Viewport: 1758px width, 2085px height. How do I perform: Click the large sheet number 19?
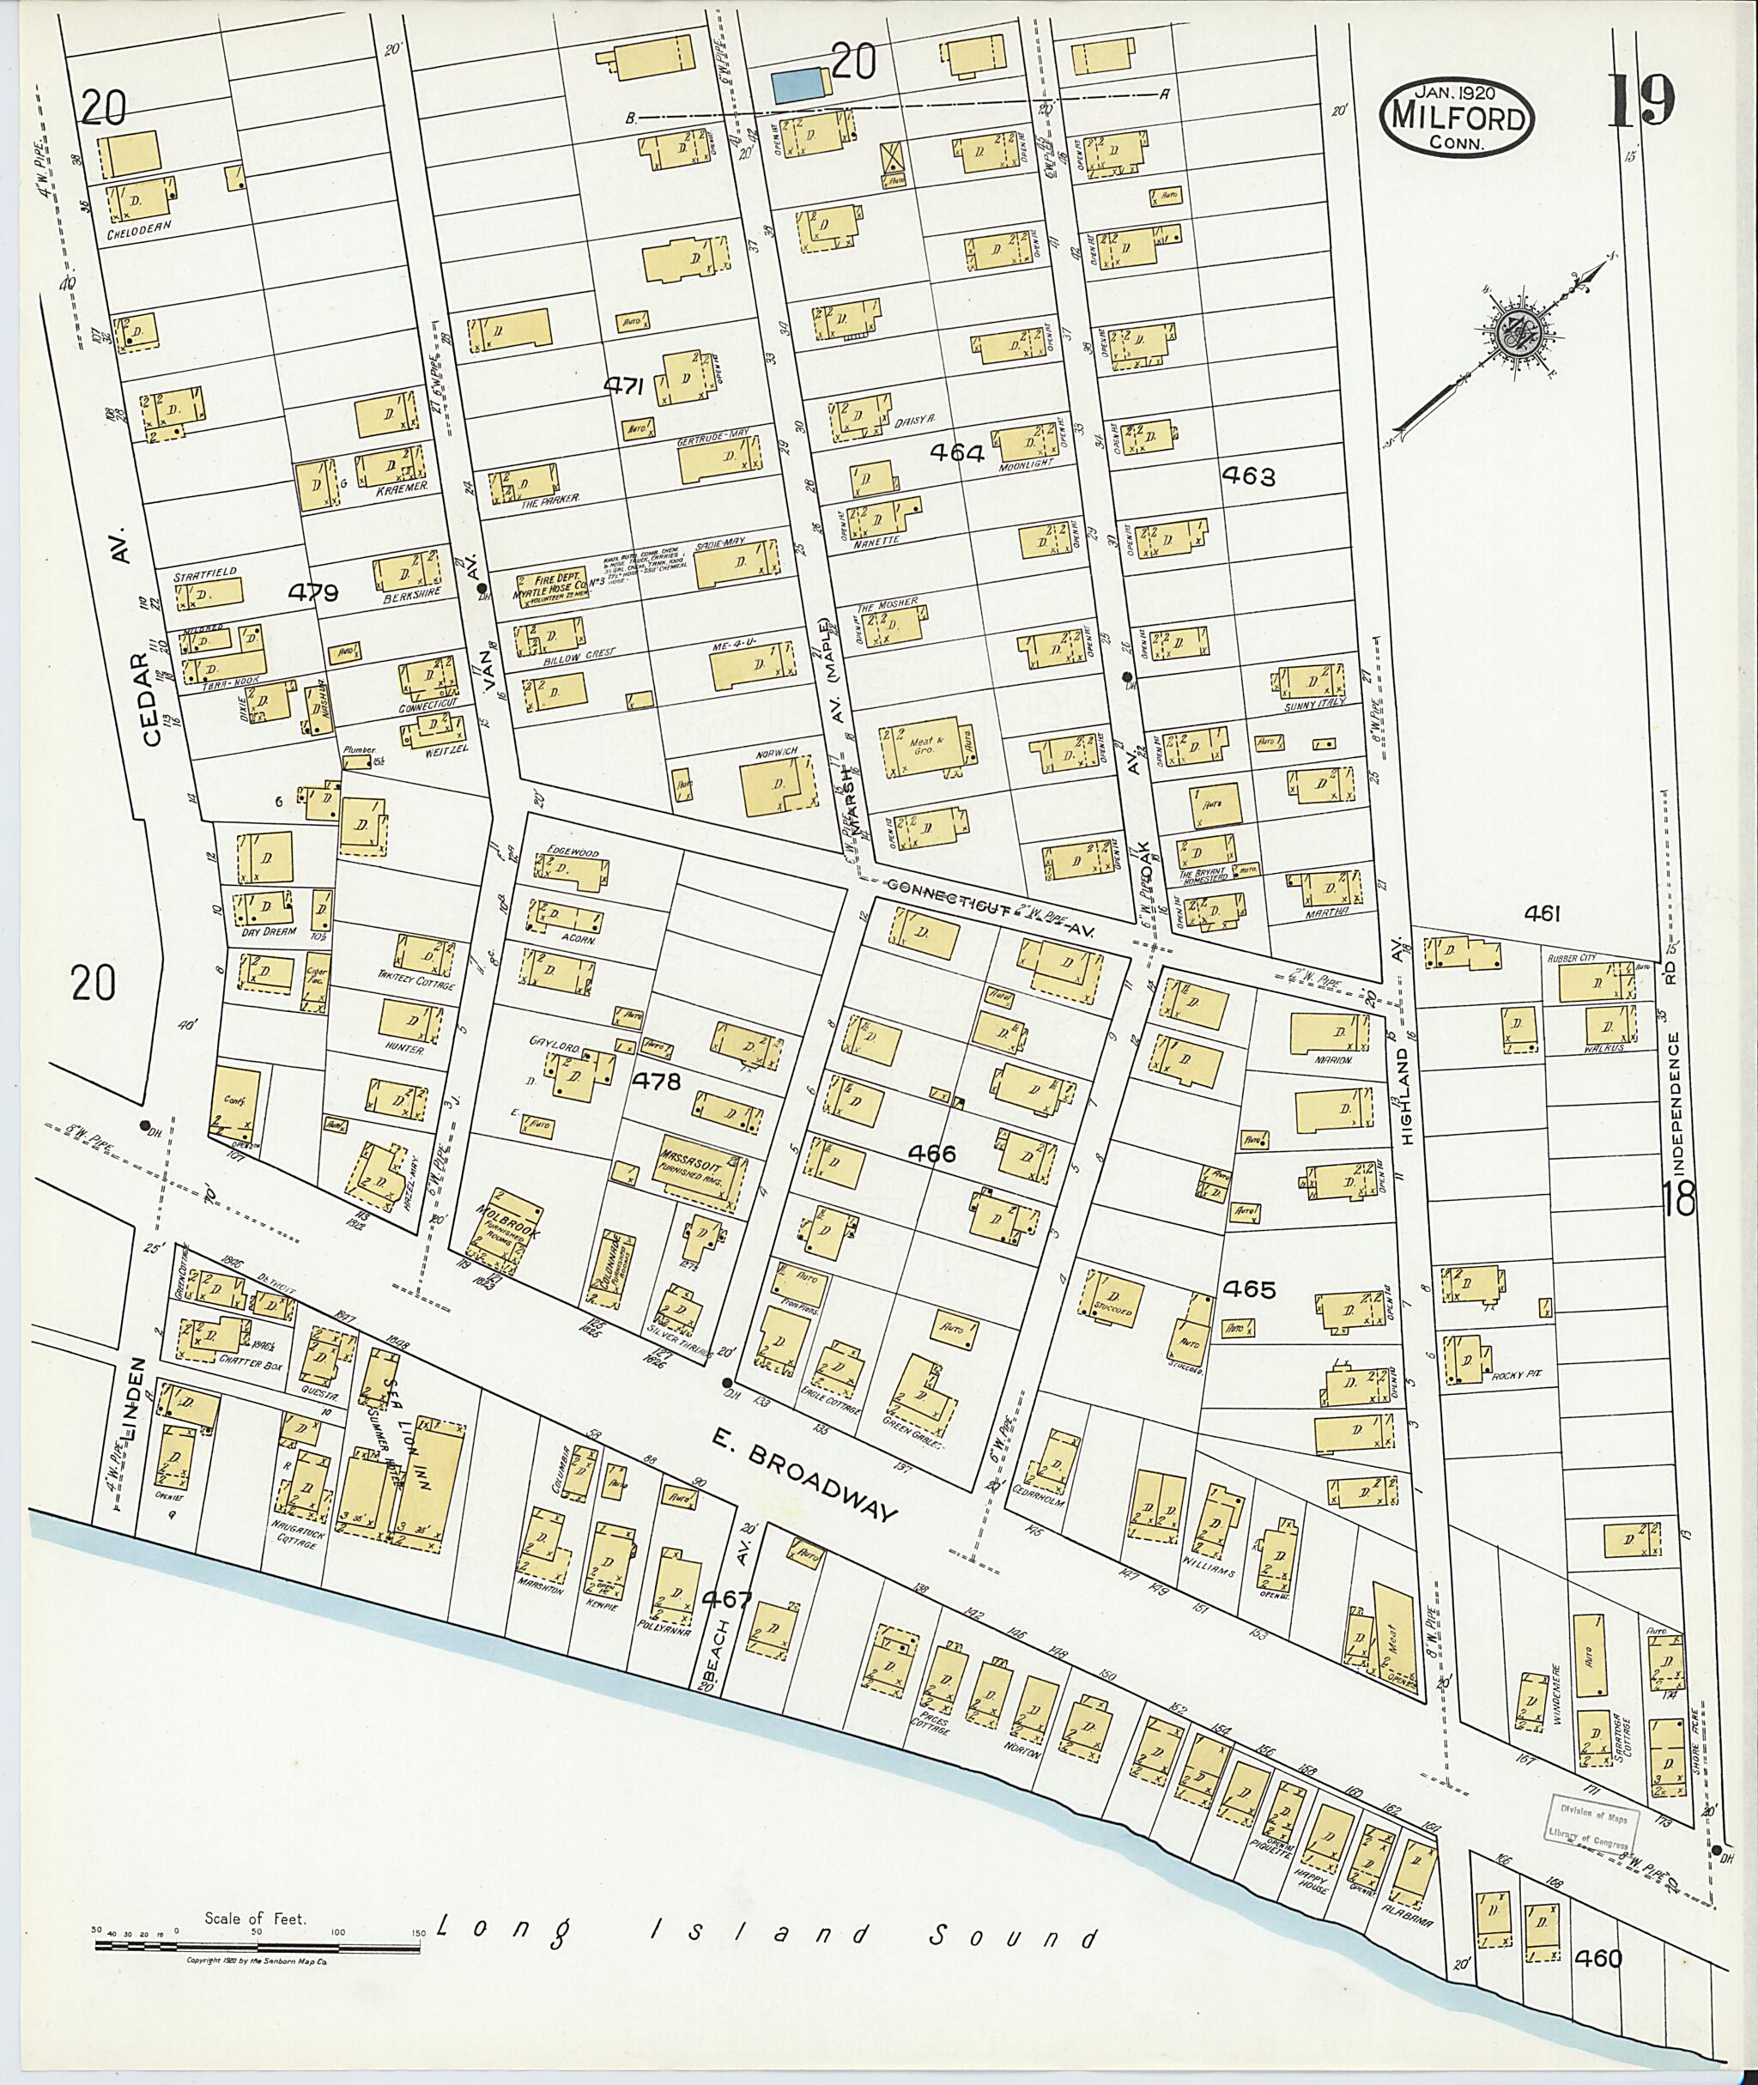click(x=1640, y=100)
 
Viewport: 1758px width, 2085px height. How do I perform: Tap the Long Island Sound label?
click(x=767, y=1936)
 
